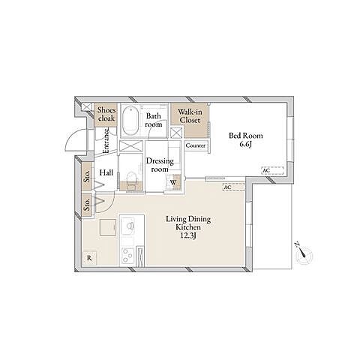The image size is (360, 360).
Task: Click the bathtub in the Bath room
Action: click(x=130, y=121)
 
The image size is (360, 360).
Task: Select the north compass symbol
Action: click(x=304, y=253)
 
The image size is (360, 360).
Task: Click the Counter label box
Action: click(x=196, y=145)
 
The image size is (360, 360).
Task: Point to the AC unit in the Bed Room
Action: click(x=272, y=170)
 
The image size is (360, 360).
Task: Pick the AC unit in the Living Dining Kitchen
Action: click(x=233, y=187)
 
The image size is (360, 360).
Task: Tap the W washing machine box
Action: click(x=173, y=182)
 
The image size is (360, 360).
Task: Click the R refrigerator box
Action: click(x=89, y=258)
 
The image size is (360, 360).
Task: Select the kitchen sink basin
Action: click(x=128, y=226)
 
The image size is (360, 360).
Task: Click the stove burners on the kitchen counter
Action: click(x=127, y=255)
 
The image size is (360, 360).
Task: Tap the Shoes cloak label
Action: click(x=106, y=114)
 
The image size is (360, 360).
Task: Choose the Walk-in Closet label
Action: click(x=190, y=116)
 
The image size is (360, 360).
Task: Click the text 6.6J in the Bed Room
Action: click(x=245, y=144)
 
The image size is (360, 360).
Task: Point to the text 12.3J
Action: click(x=187, y=235)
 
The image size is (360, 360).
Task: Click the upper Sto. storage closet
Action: click(x=87, y=176)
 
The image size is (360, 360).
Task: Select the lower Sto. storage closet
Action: click(x=87, y=205)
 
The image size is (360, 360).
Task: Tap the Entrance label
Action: click(x=106, y=141)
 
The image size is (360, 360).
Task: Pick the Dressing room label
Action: click(x=160, y=165)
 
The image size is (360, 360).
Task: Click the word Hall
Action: click(x=106, y=172)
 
